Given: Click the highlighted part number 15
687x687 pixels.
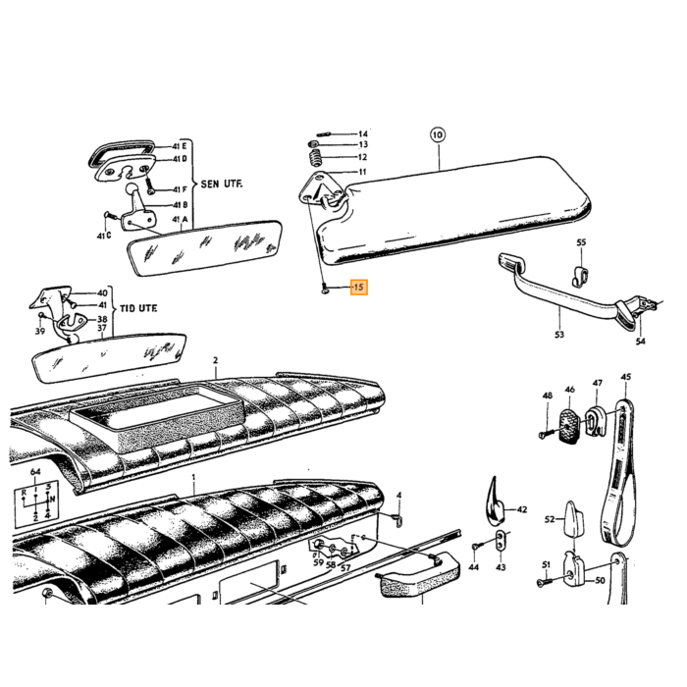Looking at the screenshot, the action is pyautogui.click(x=359, y=288).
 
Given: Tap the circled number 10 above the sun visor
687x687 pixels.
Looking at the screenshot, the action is pyautogui.click(x=438, y=134).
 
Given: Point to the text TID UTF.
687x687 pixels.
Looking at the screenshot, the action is pyautogui.click(x=138, y=308).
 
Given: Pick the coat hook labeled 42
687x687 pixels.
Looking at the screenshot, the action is pyautogui.click(x=496, y=502).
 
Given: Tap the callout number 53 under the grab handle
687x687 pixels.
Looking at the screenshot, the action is pyautogui.click(x=559, y=335).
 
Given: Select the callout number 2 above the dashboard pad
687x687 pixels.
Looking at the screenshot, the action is pyautogui.click(x=216, y=360).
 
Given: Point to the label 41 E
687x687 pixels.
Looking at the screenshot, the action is pyautogui.click(x=180, y=146).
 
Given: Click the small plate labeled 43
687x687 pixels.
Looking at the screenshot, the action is pyautogui.click(x=501, y=540).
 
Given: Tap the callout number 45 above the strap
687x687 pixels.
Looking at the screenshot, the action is pyautogui.click(x=626, y=377).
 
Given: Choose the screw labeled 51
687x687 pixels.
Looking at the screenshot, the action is pyautogui.click(x=545, y=581).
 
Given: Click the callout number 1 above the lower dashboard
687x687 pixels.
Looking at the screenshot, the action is pyautogui.click(x=193, y=477).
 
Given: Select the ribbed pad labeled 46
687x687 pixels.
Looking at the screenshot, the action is pyautogui.click(x=569, y=426).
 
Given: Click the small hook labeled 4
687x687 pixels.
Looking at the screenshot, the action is pyautogui.click(x=398, y=519).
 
